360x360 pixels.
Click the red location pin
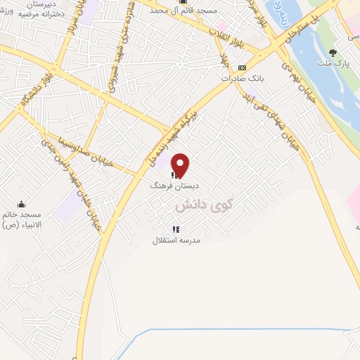click(x=181, y=165)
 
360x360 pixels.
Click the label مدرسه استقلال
click(x=177, y=240)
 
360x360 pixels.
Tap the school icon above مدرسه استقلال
click(x=176, y=229)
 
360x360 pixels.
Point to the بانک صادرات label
click(x=242, y=78)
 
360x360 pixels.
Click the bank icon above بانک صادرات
click(x=242, y=67)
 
